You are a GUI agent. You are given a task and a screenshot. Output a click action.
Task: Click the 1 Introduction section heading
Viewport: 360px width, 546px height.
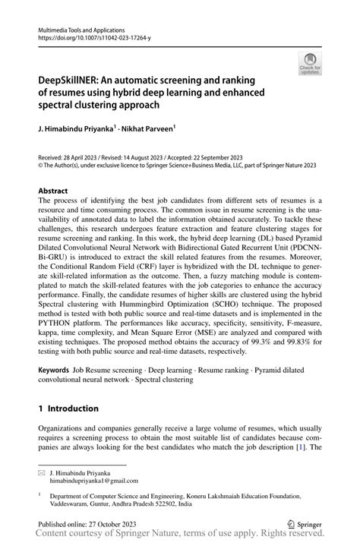[68, 409]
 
